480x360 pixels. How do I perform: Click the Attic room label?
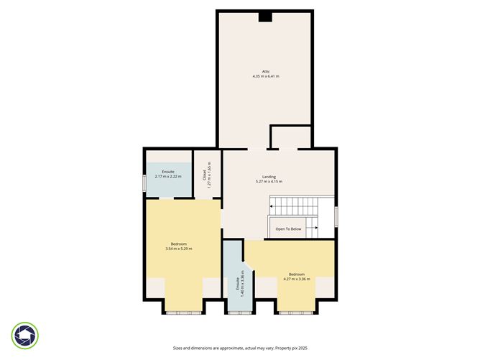(265, 71)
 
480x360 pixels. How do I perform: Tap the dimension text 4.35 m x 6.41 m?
(265, 76)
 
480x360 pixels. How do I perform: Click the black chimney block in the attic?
(265, 17)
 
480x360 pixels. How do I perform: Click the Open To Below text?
(289, 230)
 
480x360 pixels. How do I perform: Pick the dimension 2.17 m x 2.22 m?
(168, 176)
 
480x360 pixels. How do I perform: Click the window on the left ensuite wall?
(144, 183)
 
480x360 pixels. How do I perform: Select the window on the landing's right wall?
(336, 217)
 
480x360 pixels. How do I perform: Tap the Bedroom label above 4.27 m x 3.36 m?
(297, 274)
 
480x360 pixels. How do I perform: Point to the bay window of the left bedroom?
(183, 313)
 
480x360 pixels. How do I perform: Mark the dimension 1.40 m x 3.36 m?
(242, 285)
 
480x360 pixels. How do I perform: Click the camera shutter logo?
(25, 335)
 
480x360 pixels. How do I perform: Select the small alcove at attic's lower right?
(290, 137)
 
